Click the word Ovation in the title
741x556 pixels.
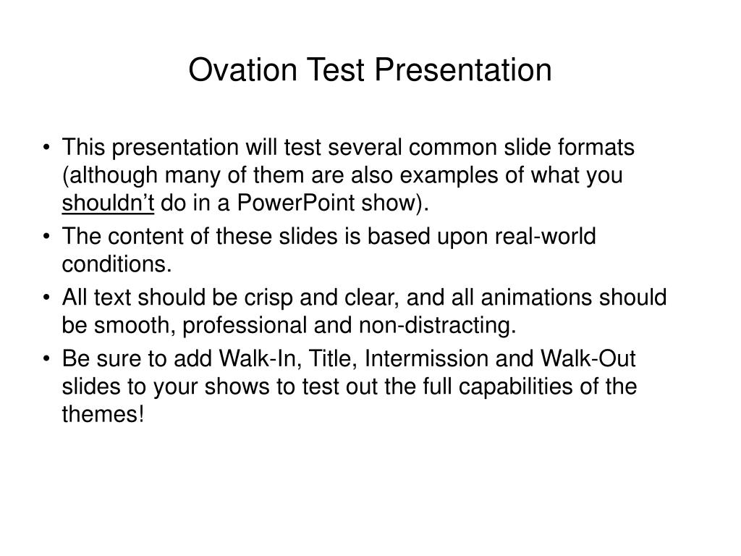242,70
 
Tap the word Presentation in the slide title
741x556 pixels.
463,70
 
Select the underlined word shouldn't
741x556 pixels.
108,203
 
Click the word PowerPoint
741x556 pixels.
295,203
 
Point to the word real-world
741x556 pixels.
545,236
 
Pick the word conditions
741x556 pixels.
117,264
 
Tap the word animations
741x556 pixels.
536,298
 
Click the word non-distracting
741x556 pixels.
437,325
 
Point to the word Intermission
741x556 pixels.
426,358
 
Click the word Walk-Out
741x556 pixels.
588,358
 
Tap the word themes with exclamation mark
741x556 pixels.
103,414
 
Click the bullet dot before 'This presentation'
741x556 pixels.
46,147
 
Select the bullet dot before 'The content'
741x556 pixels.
46,236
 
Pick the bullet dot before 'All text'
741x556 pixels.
46,298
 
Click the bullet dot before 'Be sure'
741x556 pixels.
46,359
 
